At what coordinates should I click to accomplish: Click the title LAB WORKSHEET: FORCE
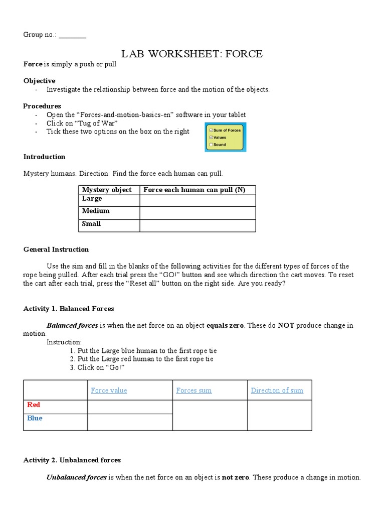coord(192,54)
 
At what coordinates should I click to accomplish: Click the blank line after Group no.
coord(72,35)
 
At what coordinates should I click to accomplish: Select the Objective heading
coord(40,81)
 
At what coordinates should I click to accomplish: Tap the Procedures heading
coord(42,106)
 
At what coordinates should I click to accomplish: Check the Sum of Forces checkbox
coord(211,130)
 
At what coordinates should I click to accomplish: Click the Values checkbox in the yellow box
coord(211,137)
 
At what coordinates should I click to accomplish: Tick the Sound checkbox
coord(211,145)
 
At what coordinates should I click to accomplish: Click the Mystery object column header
coord(107,190)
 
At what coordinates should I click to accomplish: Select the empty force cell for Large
coord(198,200)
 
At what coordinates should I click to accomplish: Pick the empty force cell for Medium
coord(198,213)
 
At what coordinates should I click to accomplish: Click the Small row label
coord(91,224)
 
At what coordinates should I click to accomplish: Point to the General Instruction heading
coord(56,249)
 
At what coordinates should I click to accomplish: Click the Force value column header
coord(109,390)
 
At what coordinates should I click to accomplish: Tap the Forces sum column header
coord(194,390)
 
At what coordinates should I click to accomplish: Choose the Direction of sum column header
coord(277,390)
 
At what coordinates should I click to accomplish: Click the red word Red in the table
coord(34,405)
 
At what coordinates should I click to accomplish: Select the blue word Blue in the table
coord(35,418)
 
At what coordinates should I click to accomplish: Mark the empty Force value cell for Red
coord(130,407)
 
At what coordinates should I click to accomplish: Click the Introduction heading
coord(44,157)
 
